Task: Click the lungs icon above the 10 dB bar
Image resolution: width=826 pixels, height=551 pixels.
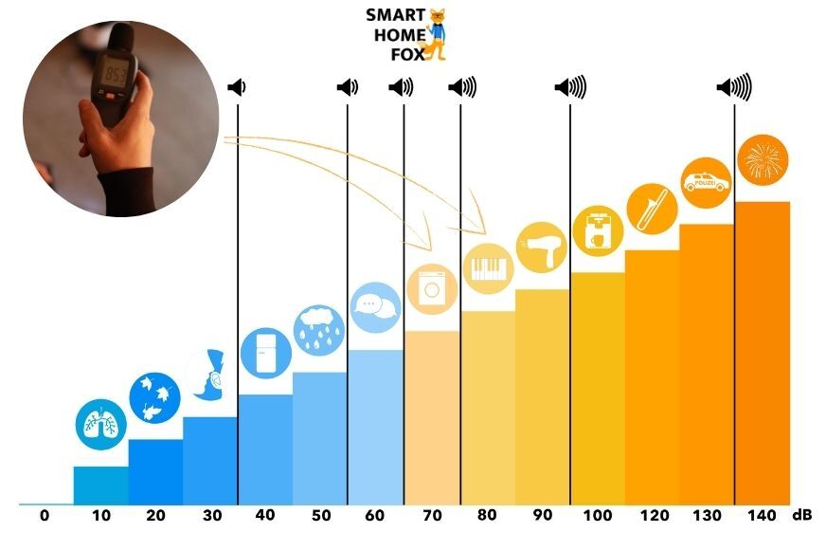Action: point(100,423)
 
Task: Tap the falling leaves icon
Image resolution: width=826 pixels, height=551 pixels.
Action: point(154,396)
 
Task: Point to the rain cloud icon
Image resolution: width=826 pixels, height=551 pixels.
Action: point(319,328)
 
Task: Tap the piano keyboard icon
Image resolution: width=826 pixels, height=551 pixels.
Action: point(488,267)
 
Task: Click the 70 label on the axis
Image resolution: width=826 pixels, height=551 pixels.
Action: point(432,516)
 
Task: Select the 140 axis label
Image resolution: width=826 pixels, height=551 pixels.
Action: point(761,516)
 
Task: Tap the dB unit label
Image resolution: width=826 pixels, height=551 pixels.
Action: point(802,516)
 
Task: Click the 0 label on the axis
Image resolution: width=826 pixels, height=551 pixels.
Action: point(45,516)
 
